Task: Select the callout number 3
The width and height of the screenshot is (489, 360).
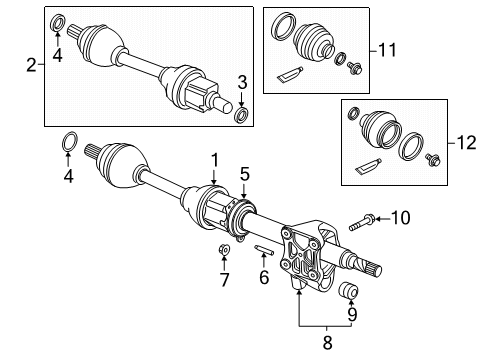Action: [x=241, y=81]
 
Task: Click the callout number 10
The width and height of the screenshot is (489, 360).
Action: [x=400, y=244]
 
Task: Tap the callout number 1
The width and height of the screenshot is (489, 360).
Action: [x=212, y=159]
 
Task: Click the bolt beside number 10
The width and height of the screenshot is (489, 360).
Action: [x=363, y=243]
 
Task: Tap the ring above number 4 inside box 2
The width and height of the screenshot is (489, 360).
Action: [x=58, y=21]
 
